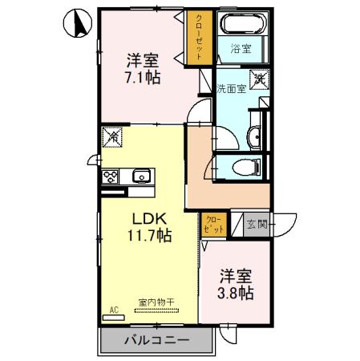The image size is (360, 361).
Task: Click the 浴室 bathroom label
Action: tap(240, 49)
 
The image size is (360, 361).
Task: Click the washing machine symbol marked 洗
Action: tap(261, 79)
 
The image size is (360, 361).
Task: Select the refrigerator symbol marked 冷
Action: tap(112, 139)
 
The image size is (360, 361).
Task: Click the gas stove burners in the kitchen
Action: tap(111, 176)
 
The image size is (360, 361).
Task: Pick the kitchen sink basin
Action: tap(142, 176)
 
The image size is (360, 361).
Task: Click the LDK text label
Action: tap(148, 217)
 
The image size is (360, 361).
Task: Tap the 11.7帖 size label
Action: tap(148, 236)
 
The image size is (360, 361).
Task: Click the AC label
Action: tap(112, 309)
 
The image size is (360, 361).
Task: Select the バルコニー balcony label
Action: tap(156, 341)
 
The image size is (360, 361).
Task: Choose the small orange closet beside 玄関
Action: tap(212, 224)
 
